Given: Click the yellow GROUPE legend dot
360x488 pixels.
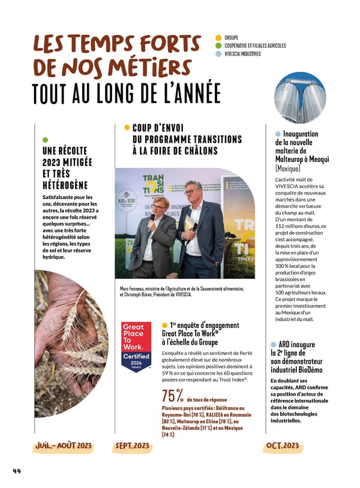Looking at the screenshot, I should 218,38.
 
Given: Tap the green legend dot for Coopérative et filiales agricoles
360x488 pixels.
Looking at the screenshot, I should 218,46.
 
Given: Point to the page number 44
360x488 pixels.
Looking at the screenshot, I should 17,471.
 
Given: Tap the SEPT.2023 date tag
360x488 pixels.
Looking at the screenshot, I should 132,446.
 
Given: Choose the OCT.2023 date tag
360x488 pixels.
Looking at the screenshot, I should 282,446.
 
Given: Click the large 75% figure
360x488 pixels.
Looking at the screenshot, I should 173,397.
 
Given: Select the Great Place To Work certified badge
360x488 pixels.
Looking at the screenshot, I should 136,347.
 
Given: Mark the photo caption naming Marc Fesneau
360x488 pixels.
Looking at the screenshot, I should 182,291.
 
